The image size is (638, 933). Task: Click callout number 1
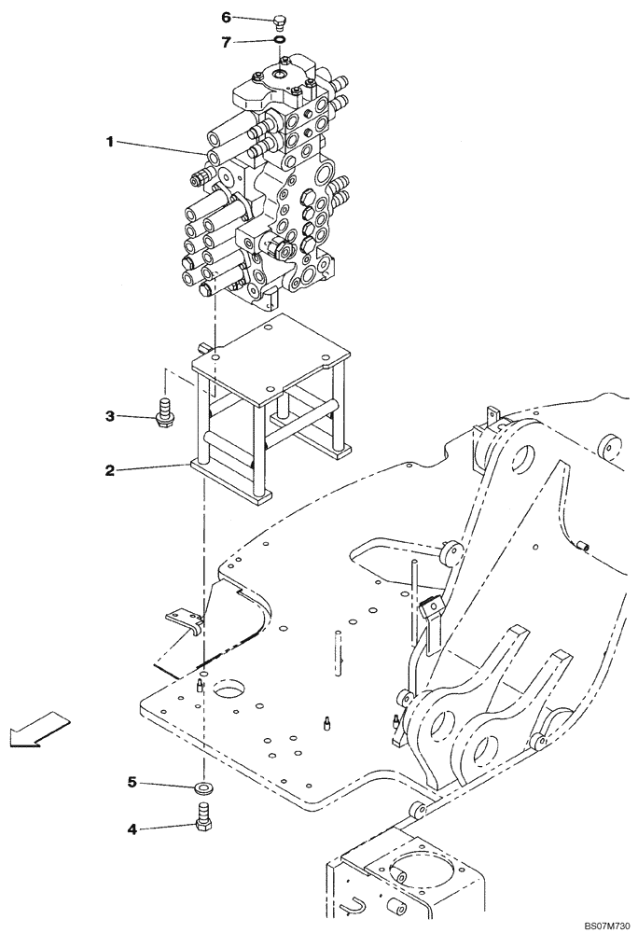(x=109, y=142)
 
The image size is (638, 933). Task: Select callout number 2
(x=109, y=471)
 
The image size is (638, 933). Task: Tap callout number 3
(x=109, y=415)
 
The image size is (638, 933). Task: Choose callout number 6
(x=225, y=17)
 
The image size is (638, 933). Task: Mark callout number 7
(x=225, y=41)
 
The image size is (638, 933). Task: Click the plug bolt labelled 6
(x=280, y=21)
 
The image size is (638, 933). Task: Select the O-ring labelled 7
(x=280, y=40)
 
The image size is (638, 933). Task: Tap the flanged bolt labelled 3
(x=166, y=412)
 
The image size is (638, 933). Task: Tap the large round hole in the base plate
(x=229, y=691)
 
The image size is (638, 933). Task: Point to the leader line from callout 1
(x=159, y=147)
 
